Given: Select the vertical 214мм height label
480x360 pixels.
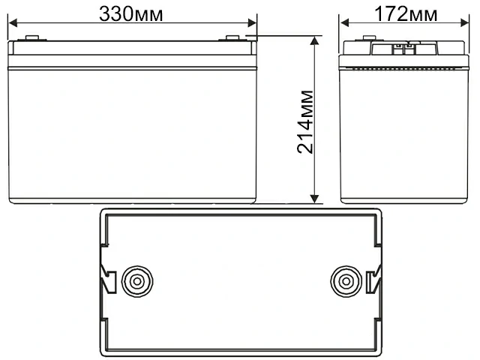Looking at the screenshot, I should [305, 120].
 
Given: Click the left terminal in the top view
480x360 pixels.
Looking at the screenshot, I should [136, 282].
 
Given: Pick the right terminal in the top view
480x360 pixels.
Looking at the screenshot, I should [346, 282].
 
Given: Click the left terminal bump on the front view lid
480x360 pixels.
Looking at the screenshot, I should [31, 39].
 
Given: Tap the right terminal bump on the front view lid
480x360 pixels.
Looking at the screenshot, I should [232, 39].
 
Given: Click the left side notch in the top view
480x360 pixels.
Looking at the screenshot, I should [105, 282].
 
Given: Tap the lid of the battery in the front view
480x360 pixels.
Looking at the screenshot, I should [132, 54].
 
